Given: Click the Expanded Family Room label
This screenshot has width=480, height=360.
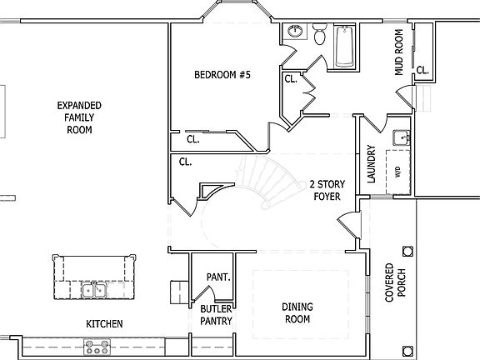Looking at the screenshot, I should click(x=79, y=117).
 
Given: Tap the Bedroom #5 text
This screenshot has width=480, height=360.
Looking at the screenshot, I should click(x=222, y=75).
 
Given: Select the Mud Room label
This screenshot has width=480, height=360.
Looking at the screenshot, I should click(x=399, y=53).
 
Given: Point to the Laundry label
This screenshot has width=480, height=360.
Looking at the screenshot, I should click(x=371, y=165).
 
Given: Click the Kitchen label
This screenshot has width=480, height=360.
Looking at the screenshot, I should click(x=105, y=323).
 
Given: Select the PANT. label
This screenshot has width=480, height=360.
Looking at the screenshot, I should click(x=217, y=277).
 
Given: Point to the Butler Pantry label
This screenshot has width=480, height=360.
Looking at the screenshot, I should click(x=215, y=315).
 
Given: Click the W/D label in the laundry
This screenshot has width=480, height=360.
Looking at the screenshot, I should click(x=397, y=172).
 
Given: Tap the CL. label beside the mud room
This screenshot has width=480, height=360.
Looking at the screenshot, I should click(x=422, y=71).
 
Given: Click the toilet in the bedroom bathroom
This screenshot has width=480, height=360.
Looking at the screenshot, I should click(x=319, y=34).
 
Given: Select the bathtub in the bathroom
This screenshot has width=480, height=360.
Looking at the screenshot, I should click(x=344, y=47).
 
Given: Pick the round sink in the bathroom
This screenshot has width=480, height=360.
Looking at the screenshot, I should click(x=294, y=32).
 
